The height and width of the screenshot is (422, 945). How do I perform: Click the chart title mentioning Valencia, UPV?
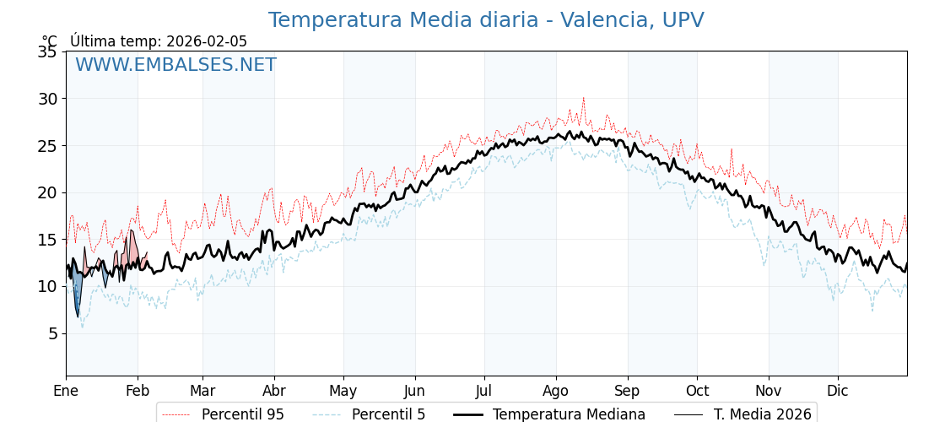pos(486,20)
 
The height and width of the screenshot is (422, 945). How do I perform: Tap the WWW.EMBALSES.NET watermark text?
pos(175,65)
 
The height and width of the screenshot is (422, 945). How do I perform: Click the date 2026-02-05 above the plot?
pos(207,41)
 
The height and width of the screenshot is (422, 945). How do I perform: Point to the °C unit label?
pos(50,41)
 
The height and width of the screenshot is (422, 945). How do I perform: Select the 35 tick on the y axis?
pos(47,52)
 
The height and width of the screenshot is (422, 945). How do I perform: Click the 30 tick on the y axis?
pos(47,99)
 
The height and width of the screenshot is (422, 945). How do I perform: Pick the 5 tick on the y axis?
pos(52,333)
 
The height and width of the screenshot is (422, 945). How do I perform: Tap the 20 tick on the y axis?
pos(47,192)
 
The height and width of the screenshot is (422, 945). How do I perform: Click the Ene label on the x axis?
pos(66,391)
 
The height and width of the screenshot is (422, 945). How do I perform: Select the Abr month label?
pos(274,391)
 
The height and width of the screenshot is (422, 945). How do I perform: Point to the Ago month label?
pos(556,391)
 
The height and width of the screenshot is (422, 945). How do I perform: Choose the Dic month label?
pos(838,391)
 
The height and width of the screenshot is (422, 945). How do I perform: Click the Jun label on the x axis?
pos(414,391)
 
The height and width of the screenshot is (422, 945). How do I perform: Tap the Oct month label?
pos(697,391)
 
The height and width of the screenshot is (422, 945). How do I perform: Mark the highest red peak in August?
pos(583,99)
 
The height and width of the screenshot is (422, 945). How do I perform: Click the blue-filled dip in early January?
pos(78,295)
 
